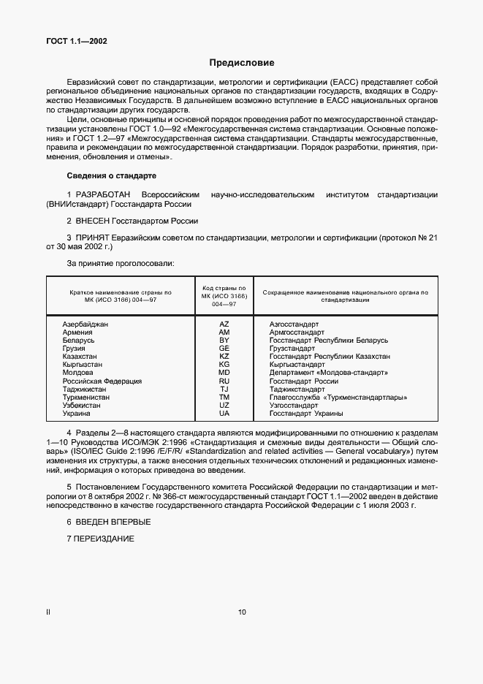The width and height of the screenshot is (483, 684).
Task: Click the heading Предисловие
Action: pyautogui.click(x=242, y=63)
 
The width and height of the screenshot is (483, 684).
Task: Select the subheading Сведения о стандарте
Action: pyautogui.click(x=111, y=176)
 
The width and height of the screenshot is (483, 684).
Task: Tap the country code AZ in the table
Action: pyautogui.click(x=224, y=324)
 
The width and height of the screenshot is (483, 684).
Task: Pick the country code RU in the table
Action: pyautogui.click(x=224, y=381)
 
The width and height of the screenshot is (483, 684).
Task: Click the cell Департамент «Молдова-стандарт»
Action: pyautogui.click(x=328, y=373)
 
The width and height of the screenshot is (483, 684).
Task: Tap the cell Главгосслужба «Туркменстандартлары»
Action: pyautogui.click(x=338, y=398)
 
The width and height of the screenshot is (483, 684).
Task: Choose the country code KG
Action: pyautogui.click(x=224, y=364)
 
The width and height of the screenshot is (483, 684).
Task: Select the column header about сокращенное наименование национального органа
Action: pyautogui.click(x=346, y=295)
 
